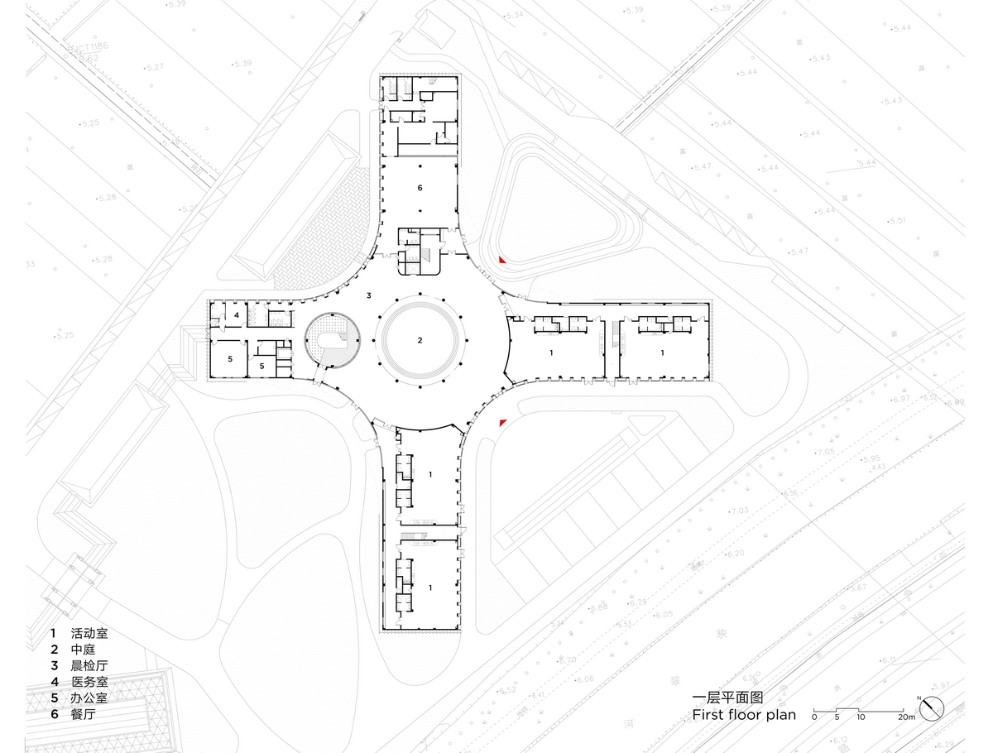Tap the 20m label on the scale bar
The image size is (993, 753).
[907, 717]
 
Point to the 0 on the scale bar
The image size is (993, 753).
[814, 717]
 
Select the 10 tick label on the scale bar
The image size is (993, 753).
[861, 717]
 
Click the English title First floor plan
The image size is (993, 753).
[743, 714]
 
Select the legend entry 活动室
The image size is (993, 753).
[89, 635]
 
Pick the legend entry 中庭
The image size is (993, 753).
[84, 650]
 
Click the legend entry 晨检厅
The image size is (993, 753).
[89, 665]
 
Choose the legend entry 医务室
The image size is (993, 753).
[89, 681]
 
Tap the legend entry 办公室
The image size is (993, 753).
[89, 697]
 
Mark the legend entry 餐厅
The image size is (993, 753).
[84, 712]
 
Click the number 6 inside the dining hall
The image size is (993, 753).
[420, 189]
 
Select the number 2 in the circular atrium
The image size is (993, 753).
[420, 340]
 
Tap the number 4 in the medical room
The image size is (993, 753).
[236, 315]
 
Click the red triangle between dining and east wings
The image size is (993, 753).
[501, 261]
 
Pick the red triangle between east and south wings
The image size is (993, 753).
[501, 423]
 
